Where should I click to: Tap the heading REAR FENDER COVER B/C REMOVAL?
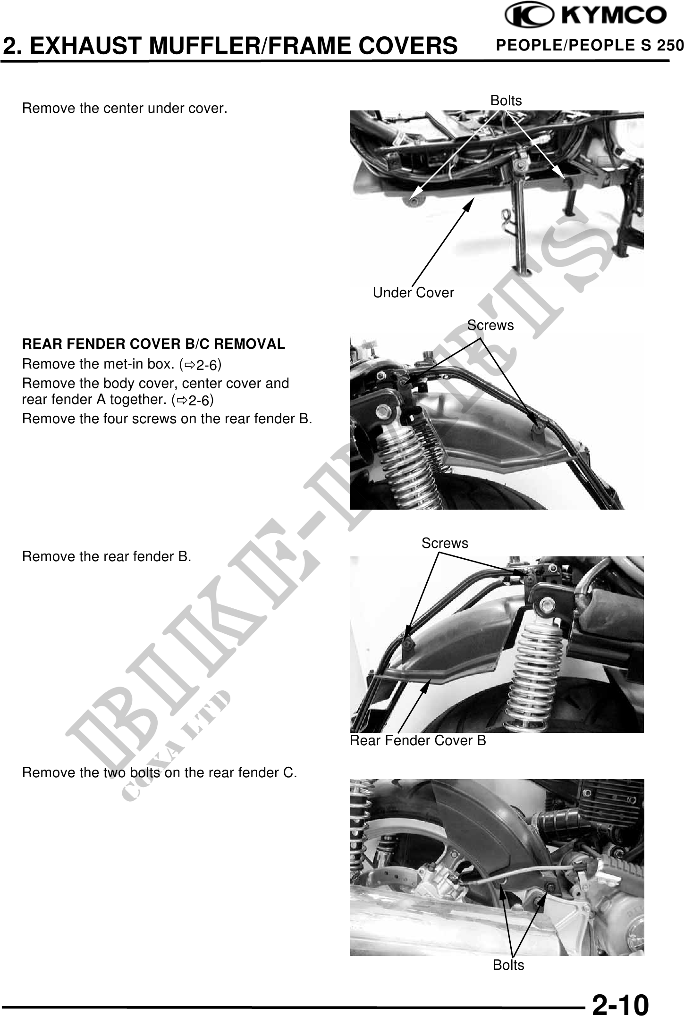point(154,344)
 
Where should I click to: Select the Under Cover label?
point(414,293)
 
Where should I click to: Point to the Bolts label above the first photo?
point(507,101)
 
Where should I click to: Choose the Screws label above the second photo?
point(490,325)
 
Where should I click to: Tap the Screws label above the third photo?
point(445,543)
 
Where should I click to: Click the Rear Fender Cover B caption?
point(418,740)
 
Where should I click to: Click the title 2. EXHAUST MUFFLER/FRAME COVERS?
point(230,45)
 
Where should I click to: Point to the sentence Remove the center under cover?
point(125,109)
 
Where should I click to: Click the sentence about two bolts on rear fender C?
point(160,773)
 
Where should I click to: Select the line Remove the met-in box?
point(122,365)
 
